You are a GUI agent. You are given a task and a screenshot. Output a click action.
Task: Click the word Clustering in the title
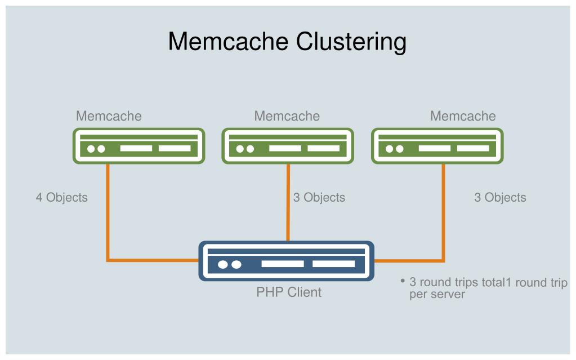[x=351, y=42]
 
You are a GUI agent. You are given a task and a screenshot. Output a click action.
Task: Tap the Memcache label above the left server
[x=109, y=116]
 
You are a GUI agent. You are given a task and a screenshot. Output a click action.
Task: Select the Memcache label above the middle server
[x=287, y=116]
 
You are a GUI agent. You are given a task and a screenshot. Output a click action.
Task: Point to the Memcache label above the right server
[x=463, y=116]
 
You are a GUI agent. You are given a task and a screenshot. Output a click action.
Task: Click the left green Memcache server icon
[x=139, y=146]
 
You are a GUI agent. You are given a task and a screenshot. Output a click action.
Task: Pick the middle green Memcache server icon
[x=288, y=146]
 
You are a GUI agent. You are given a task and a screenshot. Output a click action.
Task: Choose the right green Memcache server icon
[x=437, y=146]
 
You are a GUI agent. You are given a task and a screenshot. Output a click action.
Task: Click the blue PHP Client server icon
[x=286, y=261]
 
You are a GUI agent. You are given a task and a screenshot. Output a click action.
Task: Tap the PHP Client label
[x=289, y=292]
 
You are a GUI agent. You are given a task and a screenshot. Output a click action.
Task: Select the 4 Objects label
[x=61, y=197]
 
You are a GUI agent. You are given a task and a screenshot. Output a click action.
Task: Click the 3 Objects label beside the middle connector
[x=319, y=197]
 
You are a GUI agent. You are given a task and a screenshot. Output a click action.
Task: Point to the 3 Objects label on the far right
[x=500, y=197]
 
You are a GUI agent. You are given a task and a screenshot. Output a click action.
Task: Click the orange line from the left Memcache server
[x=108, y=214]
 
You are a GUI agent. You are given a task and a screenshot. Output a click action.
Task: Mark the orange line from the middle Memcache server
[x=288, y=203]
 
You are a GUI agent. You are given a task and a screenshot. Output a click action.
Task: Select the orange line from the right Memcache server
[x=443, y=214]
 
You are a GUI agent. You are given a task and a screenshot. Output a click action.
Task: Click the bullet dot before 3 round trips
[x=403, y=281]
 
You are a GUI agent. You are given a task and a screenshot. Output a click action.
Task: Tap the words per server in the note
[x=437, y=295]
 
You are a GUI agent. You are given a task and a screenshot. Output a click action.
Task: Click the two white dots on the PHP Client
[x=229, y=264]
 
